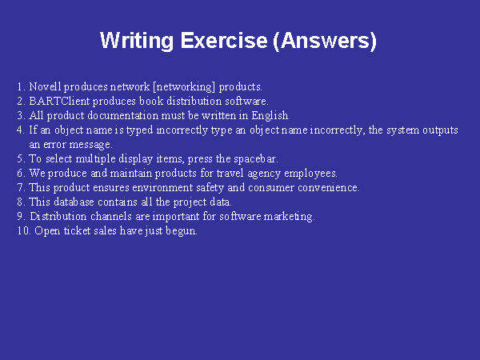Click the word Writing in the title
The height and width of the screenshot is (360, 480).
pyautogui.click(x=137, y=41)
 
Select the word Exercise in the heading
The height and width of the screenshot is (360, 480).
pyautogui.click(x=224, y=40)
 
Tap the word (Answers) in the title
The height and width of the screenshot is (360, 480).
pyautogui.click(x=325, y=41)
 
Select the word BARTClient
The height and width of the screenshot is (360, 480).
pyautogui.click(x=59, y=101)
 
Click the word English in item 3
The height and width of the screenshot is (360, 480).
pyautogui.click(x=270, y=116)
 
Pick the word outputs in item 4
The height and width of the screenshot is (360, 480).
pyautogui.click(x=441, y=130)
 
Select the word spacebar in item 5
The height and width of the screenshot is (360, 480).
pyautogui.click(x=256, y=159)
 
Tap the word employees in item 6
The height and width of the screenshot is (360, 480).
pyautogui.click(x=310, y=174)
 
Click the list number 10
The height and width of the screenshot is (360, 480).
pyautogui.click(x=24, y=231)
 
